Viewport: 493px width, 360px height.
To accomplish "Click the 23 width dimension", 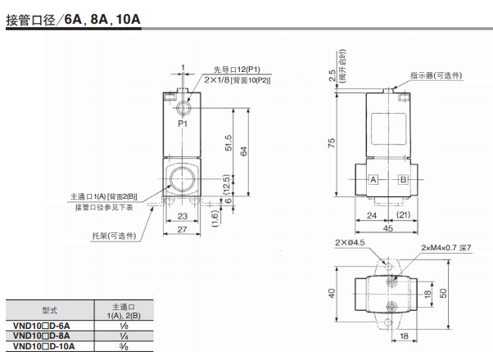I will click(x=183, y=216).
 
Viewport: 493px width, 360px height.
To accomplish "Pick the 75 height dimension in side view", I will click(x=331, y=142).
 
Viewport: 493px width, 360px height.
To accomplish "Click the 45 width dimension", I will click(x=387, y=230).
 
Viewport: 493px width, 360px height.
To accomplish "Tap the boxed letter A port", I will click(x=373, y=179).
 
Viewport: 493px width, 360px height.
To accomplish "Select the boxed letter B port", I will click(x=402, y=179).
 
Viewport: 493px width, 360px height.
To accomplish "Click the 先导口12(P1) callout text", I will click(x=237, y=69).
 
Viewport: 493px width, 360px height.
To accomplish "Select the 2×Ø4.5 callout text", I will click(x=349, y=243).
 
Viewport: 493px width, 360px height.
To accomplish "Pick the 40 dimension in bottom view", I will click(x=332, y=292).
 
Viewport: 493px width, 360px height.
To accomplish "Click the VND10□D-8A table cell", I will click(x=42, y=335).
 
